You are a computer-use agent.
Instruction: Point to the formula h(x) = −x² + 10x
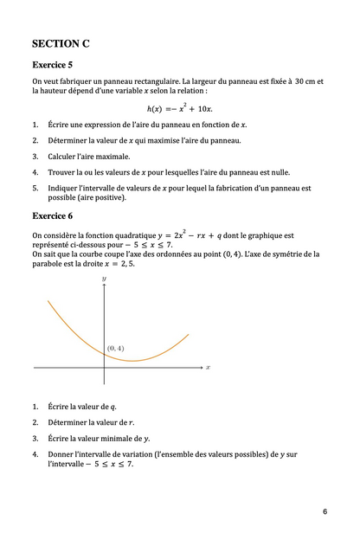click(x=179, y=107)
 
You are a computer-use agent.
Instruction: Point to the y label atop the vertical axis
click(x=104, y=278)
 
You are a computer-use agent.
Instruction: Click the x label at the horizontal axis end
click(x=209, y=367)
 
